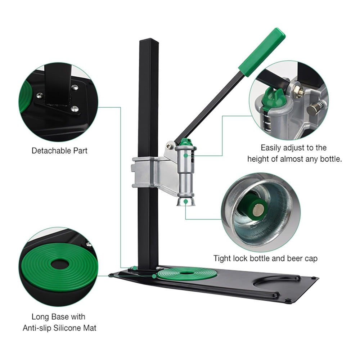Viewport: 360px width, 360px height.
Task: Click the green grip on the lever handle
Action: [262, 52]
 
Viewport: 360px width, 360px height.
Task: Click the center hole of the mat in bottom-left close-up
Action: [58, 264]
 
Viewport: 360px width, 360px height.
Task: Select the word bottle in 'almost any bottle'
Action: [329, 159]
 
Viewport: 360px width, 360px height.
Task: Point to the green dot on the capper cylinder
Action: [185, 156]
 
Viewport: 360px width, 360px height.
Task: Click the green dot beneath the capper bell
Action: [185, 202]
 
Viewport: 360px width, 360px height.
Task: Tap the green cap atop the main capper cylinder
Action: [185, 142]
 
